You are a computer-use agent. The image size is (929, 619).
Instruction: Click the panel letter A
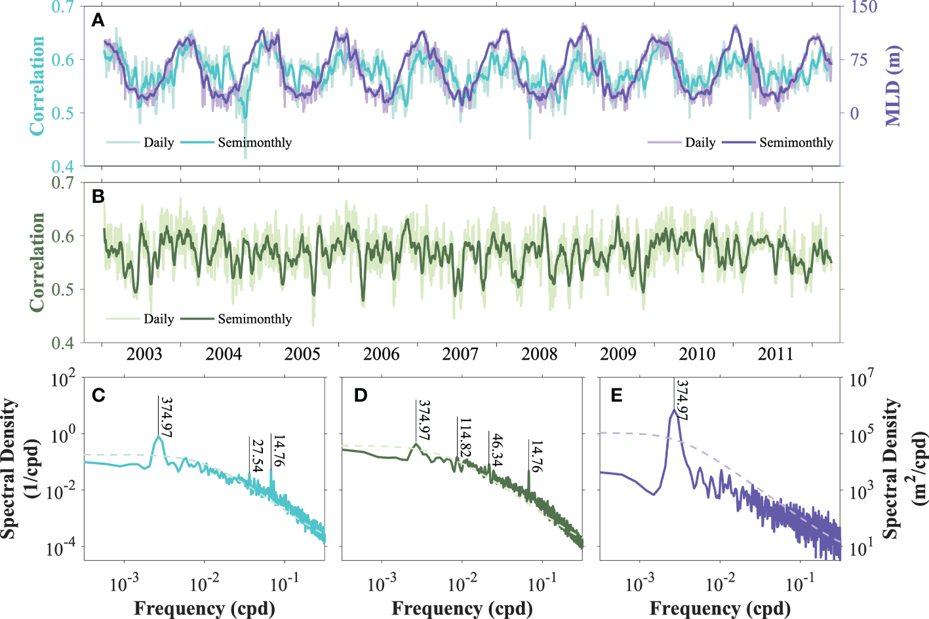click(98, 21)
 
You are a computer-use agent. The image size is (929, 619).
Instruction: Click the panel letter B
click(98, 197)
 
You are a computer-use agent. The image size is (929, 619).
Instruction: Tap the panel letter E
click(616, 396)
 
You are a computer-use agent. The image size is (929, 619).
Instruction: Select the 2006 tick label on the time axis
click(381, 354)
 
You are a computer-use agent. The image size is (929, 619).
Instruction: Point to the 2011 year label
click(776, 354)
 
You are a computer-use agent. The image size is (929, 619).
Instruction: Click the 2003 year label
click(144, 354)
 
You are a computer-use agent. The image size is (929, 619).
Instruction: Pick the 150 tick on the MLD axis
click(863, 7)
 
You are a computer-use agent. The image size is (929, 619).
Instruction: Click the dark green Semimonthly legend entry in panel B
click(254, 319)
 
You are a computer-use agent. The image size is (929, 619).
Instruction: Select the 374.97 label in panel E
click(682, 400)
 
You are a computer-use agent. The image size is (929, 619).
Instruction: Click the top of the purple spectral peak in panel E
click(673, 410)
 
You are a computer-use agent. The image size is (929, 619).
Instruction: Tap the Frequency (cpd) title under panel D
click(462, 609)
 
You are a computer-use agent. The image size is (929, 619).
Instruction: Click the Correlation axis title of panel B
click(37, 262)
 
